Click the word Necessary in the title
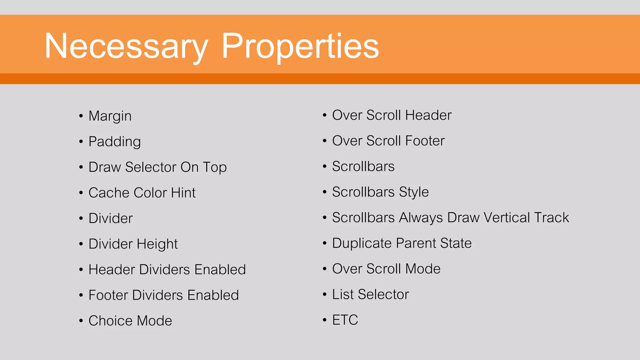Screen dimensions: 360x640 (126, 46)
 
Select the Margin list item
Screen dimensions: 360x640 (110, 116)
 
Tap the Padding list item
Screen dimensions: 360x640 (115, 142)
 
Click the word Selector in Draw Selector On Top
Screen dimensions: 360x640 (151, 167)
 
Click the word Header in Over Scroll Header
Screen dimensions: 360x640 (428, 115)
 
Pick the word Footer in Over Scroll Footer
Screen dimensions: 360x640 (425, 141)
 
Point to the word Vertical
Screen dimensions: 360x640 (506, 218)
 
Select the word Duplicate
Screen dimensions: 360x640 (362, 243)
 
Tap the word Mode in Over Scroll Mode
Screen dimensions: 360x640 (423, 269)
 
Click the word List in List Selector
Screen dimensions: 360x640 (343, 295)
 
